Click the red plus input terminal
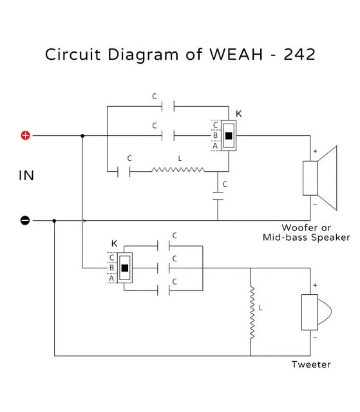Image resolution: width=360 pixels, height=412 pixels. click(25, 136)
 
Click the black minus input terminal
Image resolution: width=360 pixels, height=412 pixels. click(25, 221)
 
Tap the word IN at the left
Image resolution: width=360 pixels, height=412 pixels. click(26, 176)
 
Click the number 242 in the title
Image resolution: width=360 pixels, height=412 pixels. click(295, 54)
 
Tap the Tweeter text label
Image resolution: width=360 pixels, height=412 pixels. click(311, 364)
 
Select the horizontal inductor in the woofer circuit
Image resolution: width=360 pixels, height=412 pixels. click(178, 171)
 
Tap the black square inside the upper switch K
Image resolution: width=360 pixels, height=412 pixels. click(229, 136)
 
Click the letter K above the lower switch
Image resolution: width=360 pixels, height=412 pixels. click(115, 243)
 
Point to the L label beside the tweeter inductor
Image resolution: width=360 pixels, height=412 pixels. click(261, 308)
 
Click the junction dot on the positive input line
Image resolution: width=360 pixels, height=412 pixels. click(83, 136)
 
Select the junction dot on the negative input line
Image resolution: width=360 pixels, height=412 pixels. click(55, 221)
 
